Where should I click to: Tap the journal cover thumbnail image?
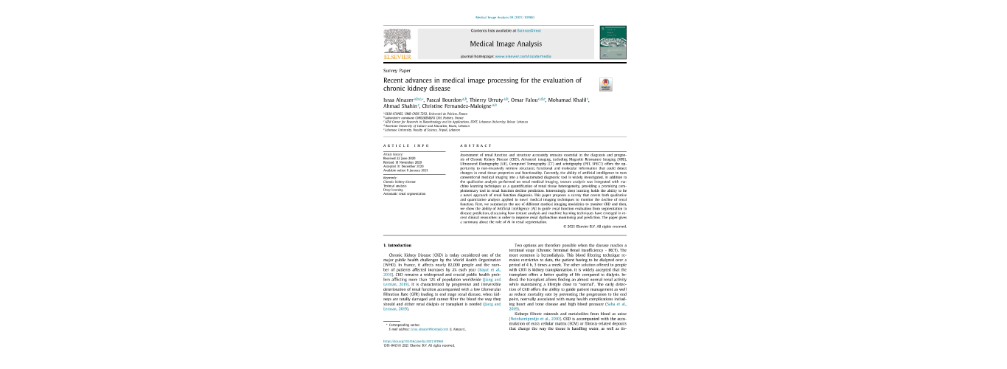coord(610,43)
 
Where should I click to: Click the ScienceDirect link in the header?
coord(528,30)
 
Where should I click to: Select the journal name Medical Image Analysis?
coord(505,44)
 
